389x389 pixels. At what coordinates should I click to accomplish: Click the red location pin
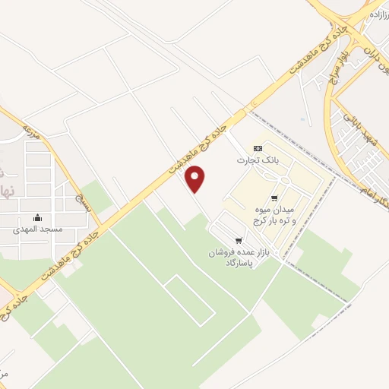(196, 179)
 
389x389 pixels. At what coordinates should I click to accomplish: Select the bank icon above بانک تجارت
(258, 148)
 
